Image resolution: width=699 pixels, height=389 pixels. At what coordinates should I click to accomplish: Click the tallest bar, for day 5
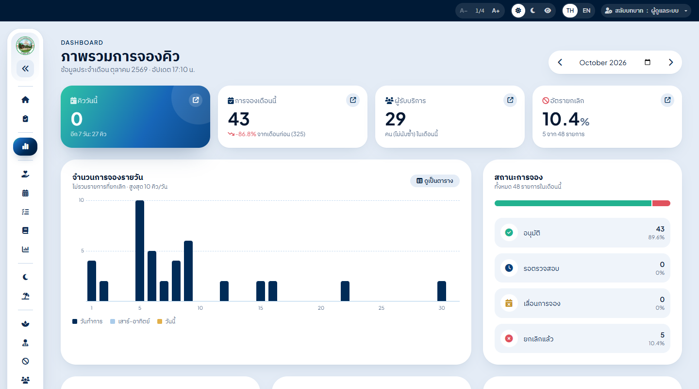(x=140, y=250)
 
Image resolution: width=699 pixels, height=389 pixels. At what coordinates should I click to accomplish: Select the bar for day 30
(x=442, y=291)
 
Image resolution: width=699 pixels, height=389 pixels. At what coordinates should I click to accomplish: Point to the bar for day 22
(x=345, y=291)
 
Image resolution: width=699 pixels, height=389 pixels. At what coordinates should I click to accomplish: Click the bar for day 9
(x=188, y=271)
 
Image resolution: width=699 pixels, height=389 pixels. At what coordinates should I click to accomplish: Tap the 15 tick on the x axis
(x=261, y=308)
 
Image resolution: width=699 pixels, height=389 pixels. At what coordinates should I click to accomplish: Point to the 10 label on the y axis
(x=82, y=200)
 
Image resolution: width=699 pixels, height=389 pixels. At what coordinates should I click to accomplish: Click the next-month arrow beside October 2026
(x=671, y=62)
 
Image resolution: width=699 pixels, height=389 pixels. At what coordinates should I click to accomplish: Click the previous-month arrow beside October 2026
(x=560, y=62)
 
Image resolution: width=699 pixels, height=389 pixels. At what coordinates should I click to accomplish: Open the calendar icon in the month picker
(x=648, y=62)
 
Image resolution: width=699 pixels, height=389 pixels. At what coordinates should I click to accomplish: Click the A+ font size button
(x=496, y=11)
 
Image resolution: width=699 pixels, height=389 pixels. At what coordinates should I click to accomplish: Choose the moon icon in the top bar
(x=533, y=11)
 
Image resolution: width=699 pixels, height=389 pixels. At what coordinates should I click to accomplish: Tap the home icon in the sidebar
(x=25, y=100)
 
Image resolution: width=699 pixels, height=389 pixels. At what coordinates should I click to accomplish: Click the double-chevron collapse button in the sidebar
(x=25, y=69)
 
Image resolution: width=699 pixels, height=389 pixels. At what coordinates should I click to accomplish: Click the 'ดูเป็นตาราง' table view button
(x=435, y=181)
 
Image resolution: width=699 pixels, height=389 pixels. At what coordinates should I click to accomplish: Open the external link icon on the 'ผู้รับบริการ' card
(x=510, y=100)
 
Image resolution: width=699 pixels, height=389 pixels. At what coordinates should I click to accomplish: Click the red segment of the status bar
(x=661, y=203)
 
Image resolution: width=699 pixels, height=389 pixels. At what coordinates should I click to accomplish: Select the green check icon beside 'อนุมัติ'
(x=509, y=232)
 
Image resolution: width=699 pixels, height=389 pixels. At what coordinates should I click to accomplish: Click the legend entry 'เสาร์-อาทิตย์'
(x=130, y=321)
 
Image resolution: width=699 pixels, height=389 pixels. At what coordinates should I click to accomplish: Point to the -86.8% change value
(x=246, y=134)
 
